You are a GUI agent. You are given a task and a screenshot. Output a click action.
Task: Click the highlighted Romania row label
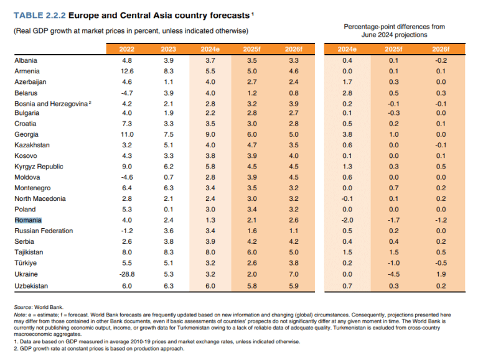point(29,219)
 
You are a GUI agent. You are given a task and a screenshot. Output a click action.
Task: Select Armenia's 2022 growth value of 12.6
point(126,71)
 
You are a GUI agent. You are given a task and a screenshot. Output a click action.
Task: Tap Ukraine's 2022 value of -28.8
point(126,274)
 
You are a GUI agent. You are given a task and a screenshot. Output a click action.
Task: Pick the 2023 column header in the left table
point(168,48)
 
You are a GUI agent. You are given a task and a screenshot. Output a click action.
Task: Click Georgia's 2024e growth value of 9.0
point(209,134)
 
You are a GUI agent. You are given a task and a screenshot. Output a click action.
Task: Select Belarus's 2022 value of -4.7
point(126,92)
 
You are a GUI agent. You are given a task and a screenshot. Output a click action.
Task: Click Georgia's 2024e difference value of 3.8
point(347,134)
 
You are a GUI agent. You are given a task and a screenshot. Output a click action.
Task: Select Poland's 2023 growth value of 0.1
point(168,209)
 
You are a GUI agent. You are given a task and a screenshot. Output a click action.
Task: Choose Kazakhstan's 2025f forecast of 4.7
point(251,145)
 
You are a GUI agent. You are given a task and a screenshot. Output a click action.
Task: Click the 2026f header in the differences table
point(440,48)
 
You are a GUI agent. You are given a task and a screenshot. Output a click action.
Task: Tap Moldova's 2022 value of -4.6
point(126,177)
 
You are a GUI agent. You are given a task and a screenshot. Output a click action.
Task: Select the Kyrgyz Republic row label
point(39,167)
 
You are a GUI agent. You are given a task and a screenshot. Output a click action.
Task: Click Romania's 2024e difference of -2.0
point(347,219)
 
